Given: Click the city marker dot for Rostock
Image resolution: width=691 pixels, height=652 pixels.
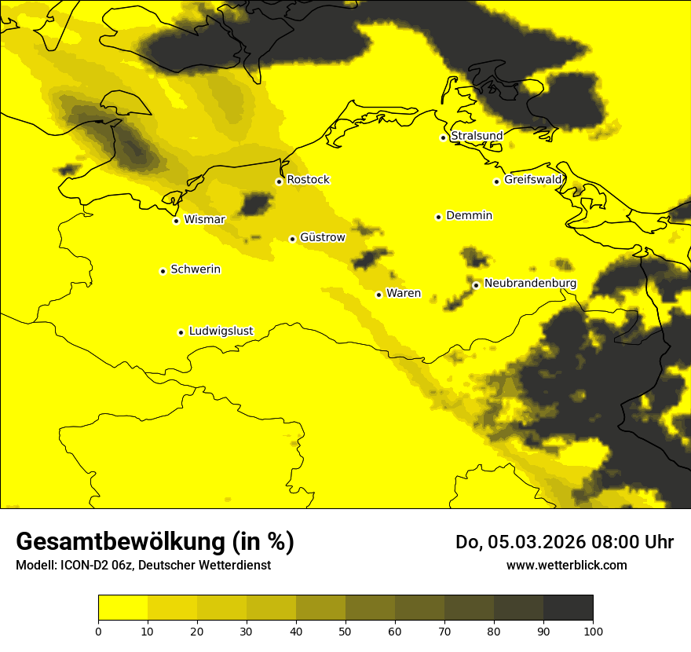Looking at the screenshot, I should click(279, 181).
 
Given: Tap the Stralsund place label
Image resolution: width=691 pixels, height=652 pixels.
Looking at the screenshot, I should click(477, 136).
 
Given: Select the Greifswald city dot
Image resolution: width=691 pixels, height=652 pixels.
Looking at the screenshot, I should click(497, 181).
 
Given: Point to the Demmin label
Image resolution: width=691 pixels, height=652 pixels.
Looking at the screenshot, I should click(469, 216).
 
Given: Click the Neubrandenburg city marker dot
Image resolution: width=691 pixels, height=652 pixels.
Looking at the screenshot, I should click(476, 285).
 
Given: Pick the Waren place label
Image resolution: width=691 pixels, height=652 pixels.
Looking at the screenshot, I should click(404, 294).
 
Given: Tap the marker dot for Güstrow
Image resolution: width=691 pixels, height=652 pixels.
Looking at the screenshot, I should click(292, 239).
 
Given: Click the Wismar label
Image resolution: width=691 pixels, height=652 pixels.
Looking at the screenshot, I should click(204, 220).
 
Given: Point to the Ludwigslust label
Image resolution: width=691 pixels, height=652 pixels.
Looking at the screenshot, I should click(221, 331).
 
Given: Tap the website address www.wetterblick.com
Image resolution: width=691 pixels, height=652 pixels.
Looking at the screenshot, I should click(566, 565).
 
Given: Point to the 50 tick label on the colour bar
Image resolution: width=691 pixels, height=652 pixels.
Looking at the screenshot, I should click(345, 631).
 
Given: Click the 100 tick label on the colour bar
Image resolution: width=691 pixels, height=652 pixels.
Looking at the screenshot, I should click(593, 631).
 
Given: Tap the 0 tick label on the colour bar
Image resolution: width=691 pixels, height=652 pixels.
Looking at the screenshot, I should click(98, 631).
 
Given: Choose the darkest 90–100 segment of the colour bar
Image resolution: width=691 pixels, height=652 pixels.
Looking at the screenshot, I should click(568, 608).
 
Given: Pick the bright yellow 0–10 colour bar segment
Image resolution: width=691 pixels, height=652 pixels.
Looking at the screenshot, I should click(122, 608).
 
